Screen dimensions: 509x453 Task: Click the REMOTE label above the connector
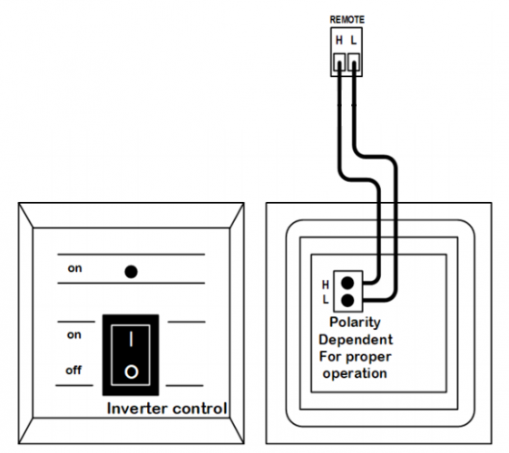point(347,20)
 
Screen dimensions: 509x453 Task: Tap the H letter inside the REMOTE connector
point(339,40)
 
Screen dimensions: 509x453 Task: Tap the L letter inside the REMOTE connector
point(354,40)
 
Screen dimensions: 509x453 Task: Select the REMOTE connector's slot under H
point(339,63)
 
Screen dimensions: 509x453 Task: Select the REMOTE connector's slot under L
point(354,63)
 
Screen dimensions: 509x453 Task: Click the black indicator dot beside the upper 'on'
point(132,272)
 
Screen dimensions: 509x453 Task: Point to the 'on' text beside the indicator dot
point(74,268)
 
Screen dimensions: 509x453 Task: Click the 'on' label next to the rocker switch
point(74,334)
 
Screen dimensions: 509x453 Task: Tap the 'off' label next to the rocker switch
point(73,370)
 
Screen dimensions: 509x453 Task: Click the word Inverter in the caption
point(138,409)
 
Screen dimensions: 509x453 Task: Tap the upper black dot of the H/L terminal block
point(347,283)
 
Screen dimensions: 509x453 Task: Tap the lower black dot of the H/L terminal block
point(347,301)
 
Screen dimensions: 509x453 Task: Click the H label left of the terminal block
point(325,284)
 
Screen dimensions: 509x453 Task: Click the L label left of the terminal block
point(326,300)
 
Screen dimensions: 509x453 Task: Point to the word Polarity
point(355,323)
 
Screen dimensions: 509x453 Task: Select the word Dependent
point(356,340)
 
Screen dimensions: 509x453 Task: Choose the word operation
point(355,373)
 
